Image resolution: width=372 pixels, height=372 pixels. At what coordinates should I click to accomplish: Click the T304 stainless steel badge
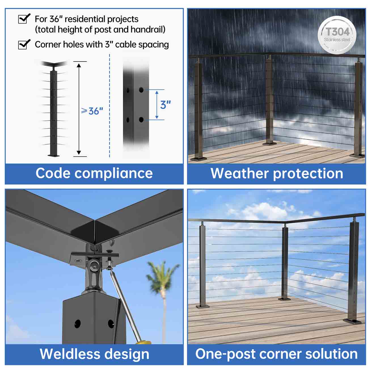337,35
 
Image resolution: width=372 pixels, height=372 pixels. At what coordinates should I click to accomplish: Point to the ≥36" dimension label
92,111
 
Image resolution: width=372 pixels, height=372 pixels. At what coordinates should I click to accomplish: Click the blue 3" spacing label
165,105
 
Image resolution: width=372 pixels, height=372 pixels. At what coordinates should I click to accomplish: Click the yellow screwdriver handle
143,343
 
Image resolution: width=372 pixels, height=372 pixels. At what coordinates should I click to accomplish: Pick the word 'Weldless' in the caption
70,354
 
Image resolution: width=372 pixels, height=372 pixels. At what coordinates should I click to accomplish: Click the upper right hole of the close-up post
141,90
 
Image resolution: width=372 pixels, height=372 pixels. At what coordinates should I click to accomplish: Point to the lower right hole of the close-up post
141,120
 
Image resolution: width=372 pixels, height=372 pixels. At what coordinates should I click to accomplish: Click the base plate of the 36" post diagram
54,155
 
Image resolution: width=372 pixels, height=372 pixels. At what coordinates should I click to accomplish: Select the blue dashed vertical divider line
110,105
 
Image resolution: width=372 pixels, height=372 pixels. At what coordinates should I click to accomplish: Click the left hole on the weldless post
78,324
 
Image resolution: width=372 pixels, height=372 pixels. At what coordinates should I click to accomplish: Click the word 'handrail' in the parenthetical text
148,29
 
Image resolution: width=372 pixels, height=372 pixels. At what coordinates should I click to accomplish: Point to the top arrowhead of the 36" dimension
79,65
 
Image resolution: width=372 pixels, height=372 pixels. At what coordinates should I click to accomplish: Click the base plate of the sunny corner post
285,299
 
